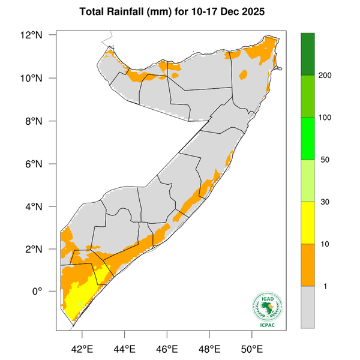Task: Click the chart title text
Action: (x=179, y=12)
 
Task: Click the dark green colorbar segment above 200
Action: (x=308, y=54)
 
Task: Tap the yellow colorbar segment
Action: (x=308, y=223)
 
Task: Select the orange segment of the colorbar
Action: (x=308, y=265)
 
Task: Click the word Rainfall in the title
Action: (x=127, y=12)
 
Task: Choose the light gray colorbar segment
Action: (x=308, y=307)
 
